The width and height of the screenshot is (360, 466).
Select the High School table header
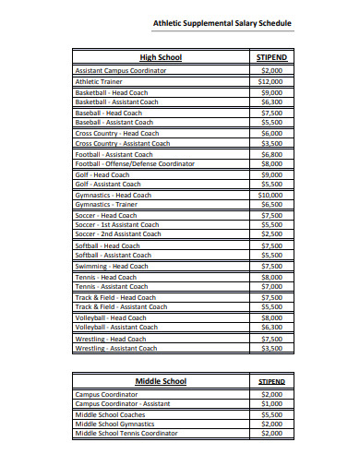click(x=160, y=57)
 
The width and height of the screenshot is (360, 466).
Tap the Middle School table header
click(x=161, y=381)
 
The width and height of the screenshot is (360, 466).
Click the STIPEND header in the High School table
click(x=270, y=57)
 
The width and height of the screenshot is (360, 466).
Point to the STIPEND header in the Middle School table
click(x=270, y=381)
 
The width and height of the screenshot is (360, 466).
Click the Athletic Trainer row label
click(x=99, y=81)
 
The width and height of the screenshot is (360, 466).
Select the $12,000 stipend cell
click(x=270, y=81)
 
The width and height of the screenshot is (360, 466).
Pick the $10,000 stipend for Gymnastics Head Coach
click(x=270, y=195)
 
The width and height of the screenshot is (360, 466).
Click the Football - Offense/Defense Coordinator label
click(x=135, y=163)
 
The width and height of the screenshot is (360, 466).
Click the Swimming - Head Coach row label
click(x=111, y=266)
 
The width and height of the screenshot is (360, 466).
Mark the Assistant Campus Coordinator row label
click(x=120, y=70)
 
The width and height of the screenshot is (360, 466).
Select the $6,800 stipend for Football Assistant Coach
click(x=271, y=154)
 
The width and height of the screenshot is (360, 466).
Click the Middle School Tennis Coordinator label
click(x=126, y=433)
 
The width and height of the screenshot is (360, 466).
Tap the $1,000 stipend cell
click(x=271, y=403)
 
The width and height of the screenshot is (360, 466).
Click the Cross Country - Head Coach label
click(x=116, y=133)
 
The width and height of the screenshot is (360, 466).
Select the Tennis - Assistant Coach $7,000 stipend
click(x=271, y=286)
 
